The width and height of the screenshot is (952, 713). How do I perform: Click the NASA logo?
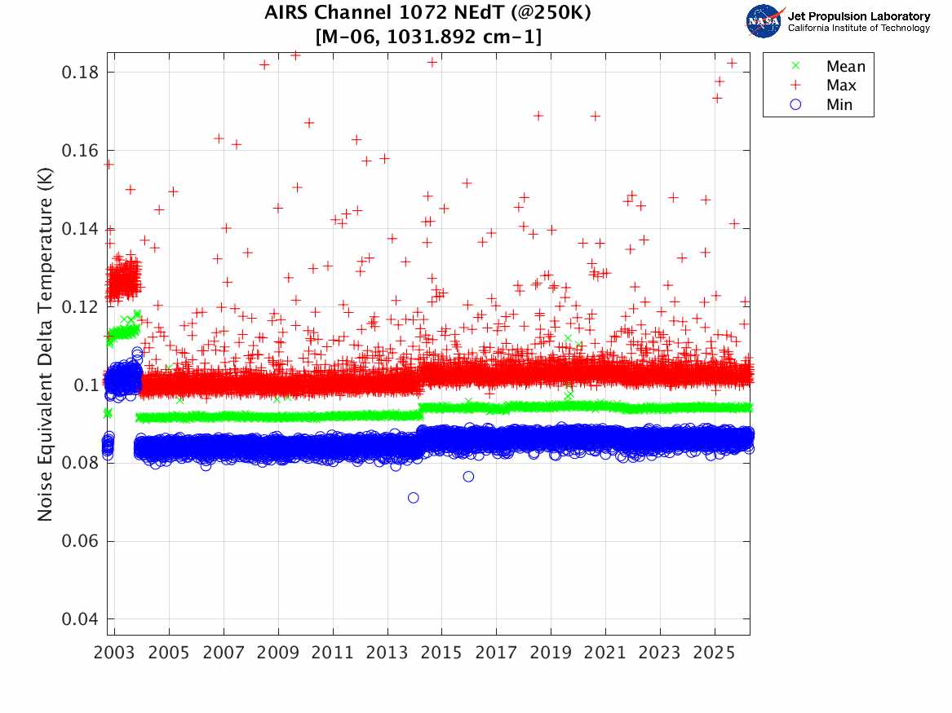[x=764, y=21]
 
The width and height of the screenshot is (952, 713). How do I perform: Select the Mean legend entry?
[x=845, y=66]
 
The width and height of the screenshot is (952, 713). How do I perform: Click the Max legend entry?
[x=841, y=85]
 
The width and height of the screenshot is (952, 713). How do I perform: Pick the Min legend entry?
[x=839, y=104]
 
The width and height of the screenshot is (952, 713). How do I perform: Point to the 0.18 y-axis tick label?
[x=80, y=73]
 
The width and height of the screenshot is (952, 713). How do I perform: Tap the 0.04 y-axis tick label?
[x=80, y=619]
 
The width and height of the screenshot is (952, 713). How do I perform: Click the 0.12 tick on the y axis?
[x=80, y=307]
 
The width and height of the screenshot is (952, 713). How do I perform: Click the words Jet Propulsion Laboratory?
[x=858, y=16]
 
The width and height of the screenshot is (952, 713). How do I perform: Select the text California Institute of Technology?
[x=858, y=29]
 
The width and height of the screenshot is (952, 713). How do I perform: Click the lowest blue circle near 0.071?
[x=414, y=498]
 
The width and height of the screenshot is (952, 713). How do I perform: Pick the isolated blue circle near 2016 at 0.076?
[x=468, y=477]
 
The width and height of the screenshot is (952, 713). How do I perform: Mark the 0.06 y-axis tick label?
[x=80, y=541]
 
